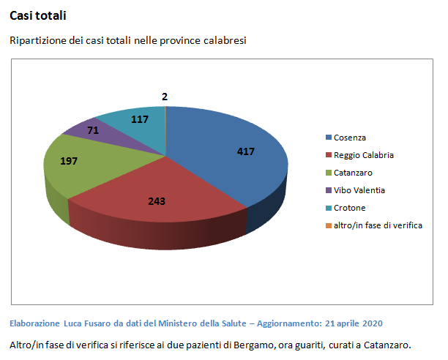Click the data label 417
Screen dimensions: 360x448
click(247, 151)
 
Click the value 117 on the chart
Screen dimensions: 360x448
click(138, 119)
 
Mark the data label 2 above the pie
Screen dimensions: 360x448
click(165, 96)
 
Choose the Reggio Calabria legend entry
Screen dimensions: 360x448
click(363, 155)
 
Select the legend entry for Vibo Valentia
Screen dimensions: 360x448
click(359, 190)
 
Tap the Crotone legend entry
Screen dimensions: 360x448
click(349, 208)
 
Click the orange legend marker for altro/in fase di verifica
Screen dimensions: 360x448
click(328, 225)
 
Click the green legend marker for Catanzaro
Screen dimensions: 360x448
click(328, 173)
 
